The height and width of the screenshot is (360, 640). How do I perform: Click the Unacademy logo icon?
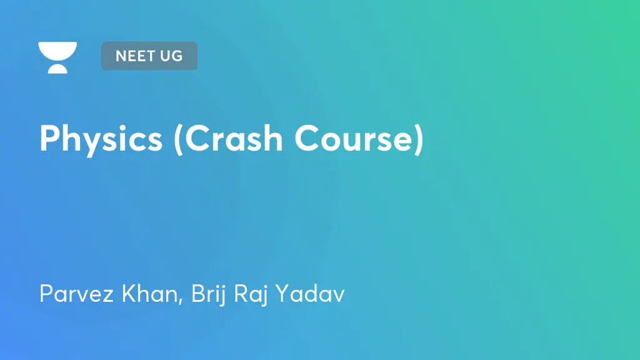pos(57,57)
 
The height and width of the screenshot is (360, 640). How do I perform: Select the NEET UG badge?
pos(149,56)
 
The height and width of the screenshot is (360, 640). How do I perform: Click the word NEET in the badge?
pos(135,56)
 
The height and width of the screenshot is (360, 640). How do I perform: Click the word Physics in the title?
pos(101,138)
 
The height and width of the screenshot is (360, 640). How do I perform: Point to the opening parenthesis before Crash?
pos(179,139)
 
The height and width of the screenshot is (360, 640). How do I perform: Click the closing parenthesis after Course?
pos(417,139)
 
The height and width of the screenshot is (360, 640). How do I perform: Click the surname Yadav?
pos(316,292)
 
